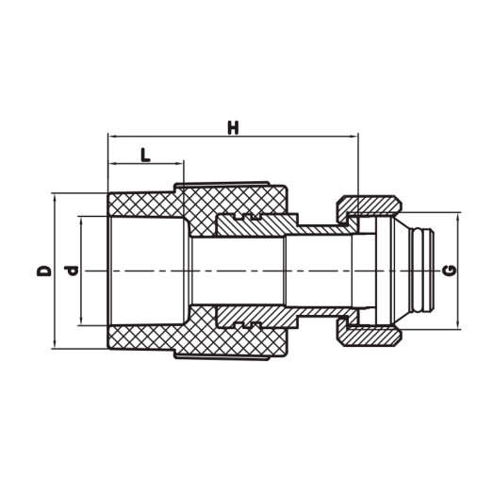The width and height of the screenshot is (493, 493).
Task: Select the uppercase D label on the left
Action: click(x=43, y=271)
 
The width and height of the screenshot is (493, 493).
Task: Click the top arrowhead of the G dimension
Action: click(x=460, y=216)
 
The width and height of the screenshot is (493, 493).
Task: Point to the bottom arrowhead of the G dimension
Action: click(x=460, y=326)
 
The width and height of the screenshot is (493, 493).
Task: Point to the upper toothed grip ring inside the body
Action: click(x=244, y=224)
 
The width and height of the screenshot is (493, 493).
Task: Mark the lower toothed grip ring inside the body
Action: click(x=244, y=318)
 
